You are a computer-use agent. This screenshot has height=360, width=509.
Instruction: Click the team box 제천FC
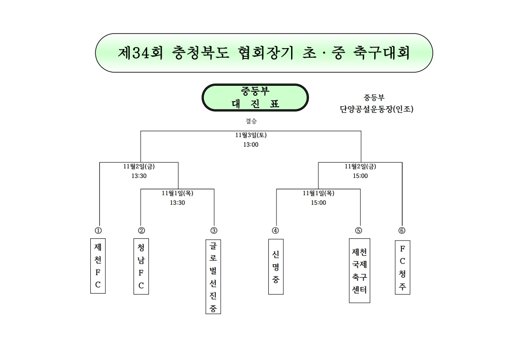tap(98, 266)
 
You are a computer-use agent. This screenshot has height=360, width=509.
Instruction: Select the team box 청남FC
tap(141, 266)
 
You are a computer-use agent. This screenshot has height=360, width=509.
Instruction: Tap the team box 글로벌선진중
tap(213, 276)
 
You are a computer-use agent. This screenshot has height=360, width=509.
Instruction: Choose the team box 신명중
tap(276, 267)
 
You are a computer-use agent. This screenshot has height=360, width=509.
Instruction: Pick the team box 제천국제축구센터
tap(359, 271)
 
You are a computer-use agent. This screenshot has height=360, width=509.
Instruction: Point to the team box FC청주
tap(403, 267)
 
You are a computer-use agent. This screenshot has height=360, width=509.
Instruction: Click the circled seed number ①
tap(98, 231)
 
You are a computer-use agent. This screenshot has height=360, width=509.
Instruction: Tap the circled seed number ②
tap(141, 231)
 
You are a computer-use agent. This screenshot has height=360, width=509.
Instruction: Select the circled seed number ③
tap(213, 231)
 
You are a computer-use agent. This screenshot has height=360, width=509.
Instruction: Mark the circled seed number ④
tap(275, 231)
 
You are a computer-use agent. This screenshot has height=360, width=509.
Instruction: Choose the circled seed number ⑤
tap(358, 231)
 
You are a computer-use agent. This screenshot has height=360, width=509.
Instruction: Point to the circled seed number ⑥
tap(401, 231)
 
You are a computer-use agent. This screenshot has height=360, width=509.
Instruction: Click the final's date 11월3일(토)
tap(251, 135)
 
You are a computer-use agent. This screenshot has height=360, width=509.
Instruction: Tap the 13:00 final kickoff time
tap(251, 145)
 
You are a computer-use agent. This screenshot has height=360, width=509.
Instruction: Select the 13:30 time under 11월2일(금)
tap(139, 176)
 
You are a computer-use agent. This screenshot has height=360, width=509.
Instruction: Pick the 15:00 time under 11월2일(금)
tap(361, 176)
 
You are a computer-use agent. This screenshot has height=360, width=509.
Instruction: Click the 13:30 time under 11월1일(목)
tap(178, 203)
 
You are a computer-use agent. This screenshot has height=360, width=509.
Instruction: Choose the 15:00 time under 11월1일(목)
tap(318, 203)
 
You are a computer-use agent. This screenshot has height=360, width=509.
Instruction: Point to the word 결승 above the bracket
tap(251, 121)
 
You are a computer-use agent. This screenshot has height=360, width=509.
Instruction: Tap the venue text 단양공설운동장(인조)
tap(376, 109)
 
